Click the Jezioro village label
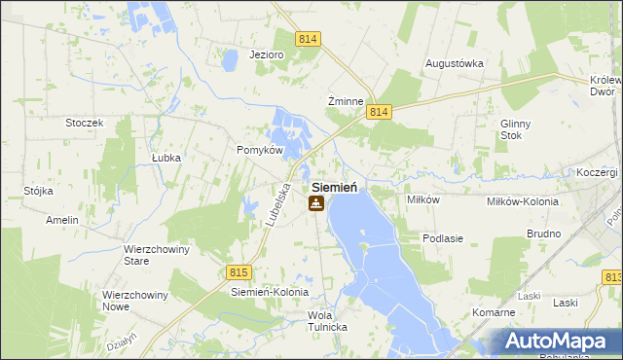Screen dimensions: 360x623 266,54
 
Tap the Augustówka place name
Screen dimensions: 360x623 455,63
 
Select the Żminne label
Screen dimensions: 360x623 346,101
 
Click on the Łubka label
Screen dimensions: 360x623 167,156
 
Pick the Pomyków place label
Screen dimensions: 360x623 260,151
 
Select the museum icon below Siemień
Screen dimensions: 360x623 315,203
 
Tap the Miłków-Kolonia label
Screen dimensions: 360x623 523,201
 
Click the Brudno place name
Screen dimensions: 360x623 543,234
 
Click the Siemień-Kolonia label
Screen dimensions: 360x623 270,292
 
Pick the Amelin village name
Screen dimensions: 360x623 61,221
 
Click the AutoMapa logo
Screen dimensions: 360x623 559,341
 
